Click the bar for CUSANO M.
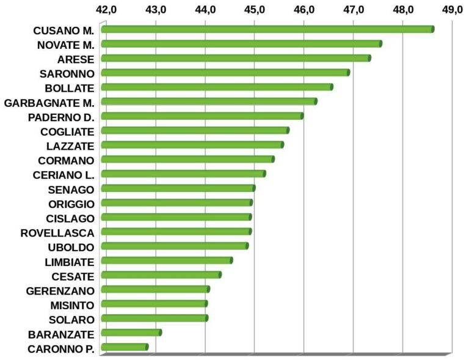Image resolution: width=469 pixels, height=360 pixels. (x=267, y=29)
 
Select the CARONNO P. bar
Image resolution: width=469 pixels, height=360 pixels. (x=125, y=347)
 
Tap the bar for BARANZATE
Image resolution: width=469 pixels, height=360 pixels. (x=131, y=332)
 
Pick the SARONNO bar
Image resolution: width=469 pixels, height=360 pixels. (x=225, y=73)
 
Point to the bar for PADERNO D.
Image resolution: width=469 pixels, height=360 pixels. (x=202, y=116)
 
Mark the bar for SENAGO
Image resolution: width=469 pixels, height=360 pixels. (x=178, y=188)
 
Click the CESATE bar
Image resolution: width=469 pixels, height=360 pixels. (x=161, y=275)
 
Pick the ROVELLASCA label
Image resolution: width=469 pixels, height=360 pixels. (x=57, y=232)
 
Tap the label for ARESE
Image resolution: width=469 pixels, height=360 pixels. (x=76, y=59)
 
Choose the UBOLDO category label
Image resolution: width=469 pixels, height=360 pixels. (x=70, y=247)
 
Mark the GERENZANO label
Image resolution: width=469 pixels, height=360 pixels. (x=60, y=290)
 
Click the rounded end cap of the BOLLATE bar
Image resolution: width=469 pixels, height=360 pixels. (x=332, y=87)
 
